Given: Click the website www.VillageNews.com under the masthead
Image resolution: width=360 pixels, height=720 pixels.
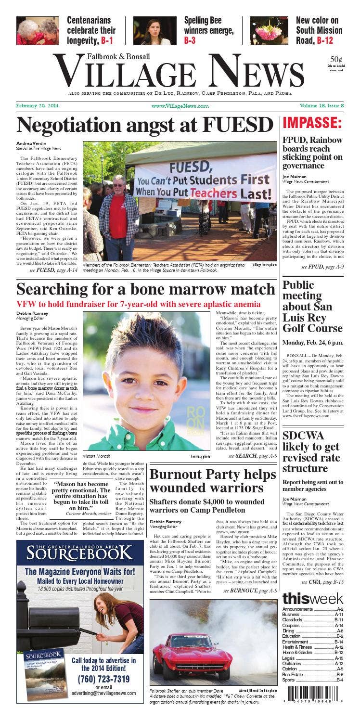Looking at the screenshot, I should [180, 106].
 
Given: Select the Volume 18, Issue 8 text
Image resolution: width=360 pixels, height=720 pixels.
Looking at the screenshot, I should [321, 106].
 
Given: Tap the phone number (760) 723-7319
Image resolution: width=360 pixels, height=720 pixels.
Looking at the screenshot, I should [103, 679].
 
